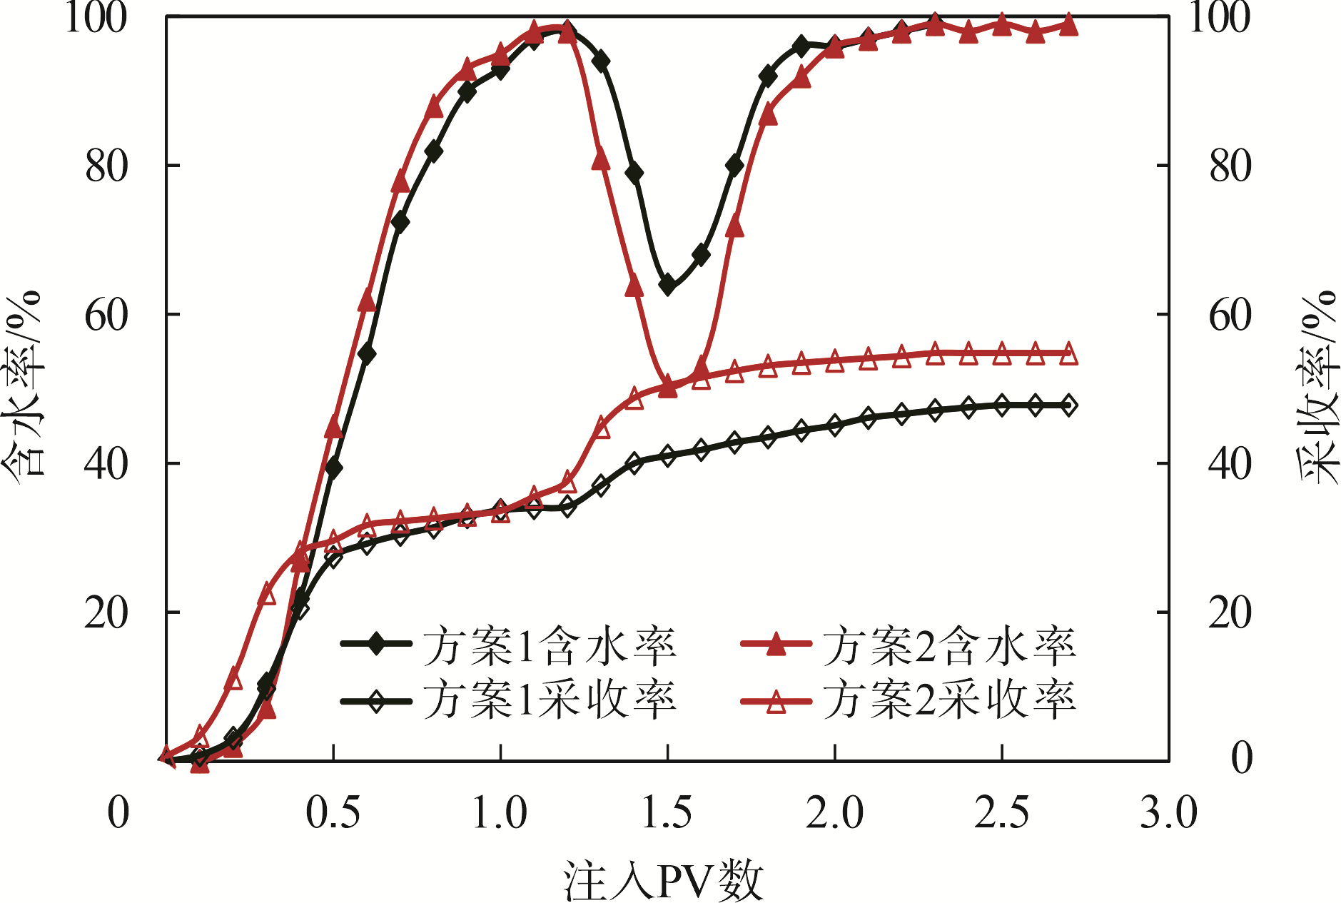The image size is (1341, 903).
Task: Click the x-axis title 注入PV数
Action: coord(664,879)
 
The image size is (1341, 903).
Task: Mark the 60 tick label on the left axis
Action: coord(106,315)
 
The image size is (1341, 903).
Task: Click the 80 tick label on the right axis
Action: coord(1230,166)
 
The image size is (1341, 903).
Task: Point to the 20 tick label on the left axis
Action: coord(106,612)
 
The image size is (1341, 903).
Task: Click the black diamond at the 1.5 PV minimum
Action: coord(668,286)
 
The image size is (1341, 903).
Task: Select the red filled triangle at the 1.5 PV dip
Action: coord(667,388)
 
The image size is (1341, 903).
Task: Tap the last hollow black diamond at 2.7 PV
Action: coord(1068,405)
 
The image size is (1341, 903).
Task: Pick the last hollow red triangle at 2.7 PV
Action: coord(1068,355)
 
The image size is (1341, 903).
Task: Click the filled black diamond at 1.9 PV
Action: coord(801,47)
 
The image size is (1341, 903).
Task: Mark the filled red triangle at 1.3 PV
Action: coord(601,158)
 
